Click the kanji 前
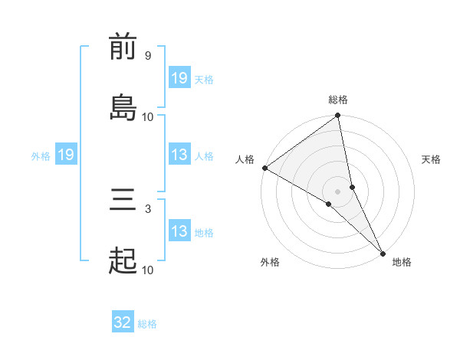[x=123, y=47]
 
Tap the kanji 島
[x=123, y=106]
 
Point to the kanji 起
[x=123, y=260]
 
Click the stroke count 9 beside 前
[x=147, y=56]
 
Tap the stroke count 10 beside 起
[x=147, y=270]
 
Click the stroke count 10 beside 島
[x=147, y=116]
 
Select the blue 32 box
[x=123, y=323]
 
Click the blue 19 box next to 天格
[x=179, y=78]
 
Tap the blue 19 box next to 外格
[x=66, y=155]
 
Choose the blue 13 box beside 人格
[x=179, y=155]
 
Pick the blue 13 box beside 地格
[x=179, y=231]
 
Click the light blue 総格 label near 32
[x=147, y=324]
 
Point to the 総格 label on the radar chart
[x=338, y=100]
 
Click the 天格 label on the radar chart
[x=431, y=159]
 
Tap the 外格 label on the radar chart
[x=270, y=262]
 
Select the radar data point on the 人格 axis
[x=264, y=168]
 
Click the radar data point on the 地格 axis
[x=383, y=252]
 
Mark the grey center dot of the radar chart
[x=338, y=191]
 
